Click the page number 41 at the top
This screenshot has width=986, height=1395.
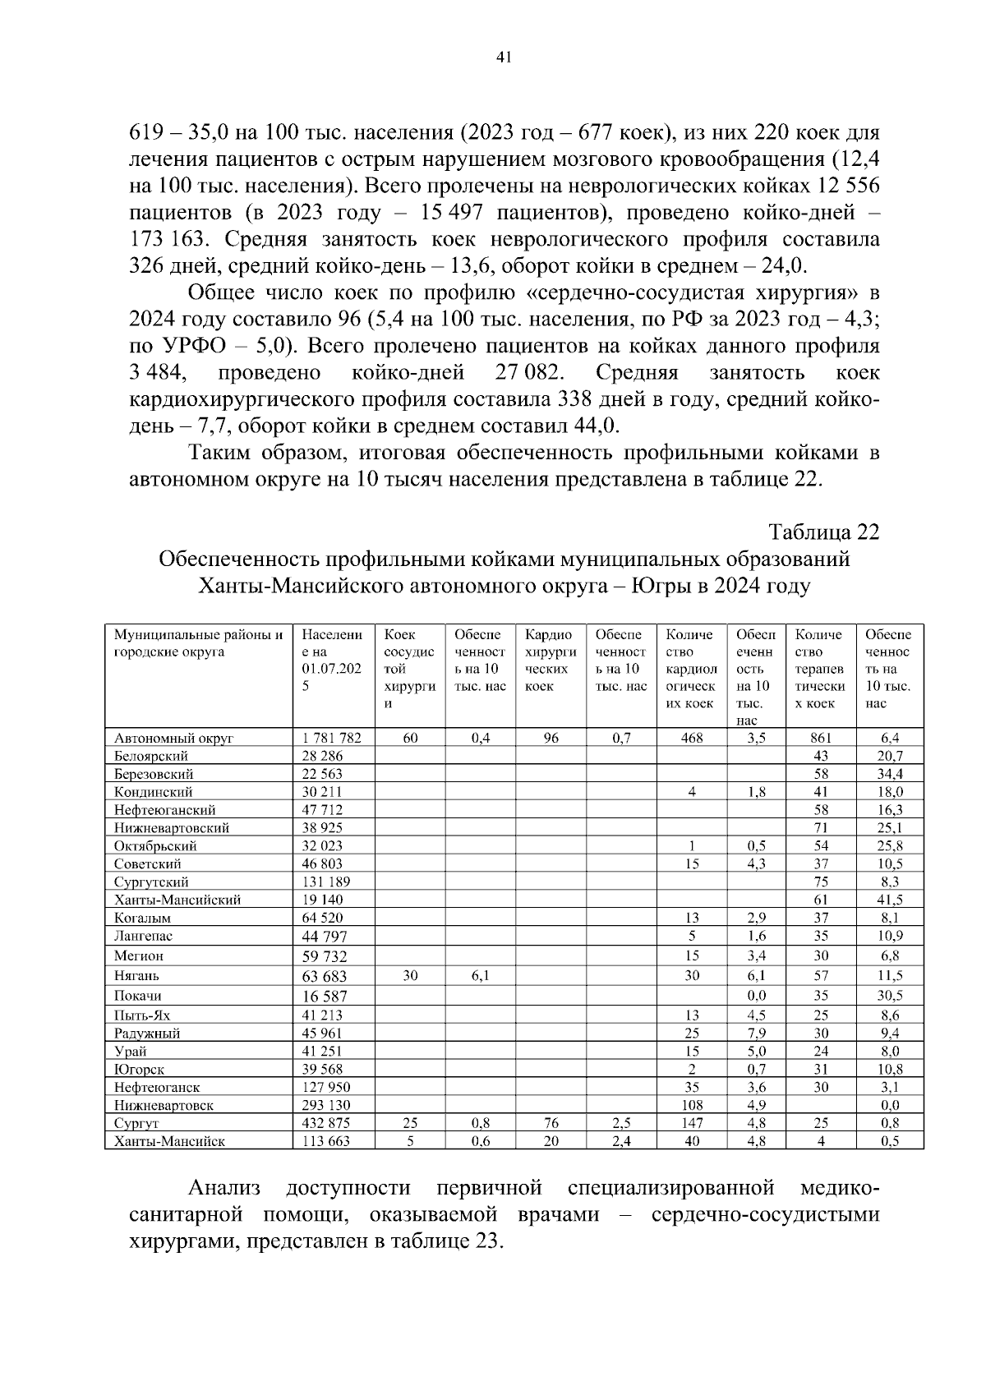(504, 57)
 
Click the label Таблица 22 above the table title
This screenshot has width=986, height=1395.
(824, 532)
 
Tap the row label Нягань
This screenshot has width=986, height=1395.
(137, 976)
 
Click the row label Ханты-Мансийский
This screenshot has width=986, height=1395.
(177, 900)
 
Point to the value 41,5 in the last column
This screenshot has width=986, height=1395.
(890, 900)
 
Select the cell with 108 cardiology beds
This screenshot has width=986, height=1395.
(692, 1105)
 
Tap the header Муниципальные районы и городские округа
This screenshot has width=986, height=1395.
(197, 643)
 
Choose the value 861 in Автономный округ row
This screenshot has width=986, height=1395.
(820, 738)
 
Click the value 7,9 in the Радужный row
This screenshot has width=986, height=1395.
(756, 1033)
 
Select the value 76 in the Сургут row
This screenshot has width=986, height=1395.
(551, 1123)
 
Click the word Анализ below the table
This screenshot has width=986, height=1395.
(224, 1188)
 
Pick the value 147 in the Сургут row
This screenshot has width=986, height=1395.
(692, 1123)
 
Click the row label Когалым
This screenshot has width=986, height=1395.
(142, 918)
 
